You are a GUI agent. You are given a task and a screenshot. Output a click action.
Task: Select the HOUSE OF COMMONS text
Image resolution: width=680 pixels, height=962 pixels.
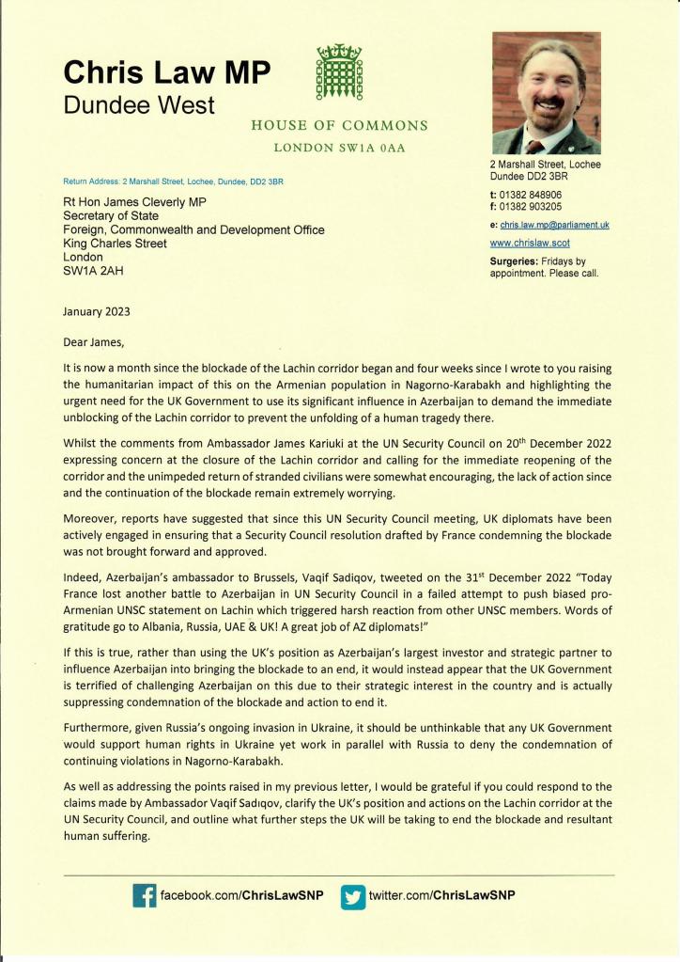tap(340, 126)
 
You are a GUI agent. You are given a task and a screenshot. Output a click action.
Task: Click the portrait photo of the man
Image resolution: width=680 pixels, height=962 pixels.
tap(546, 94)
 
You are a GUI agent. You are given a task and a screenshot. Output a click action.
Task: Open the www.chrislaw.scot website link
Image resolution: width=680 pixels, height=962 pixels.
tap(527, 243)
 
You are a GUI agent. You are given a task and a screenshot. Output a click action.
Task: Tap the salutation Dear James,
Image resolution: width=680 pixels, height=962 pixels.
tap(92, 341)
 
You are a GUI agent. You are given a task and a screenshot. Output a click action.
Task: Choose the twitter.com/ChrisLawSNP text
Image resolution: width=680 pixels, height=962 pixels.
tap(441, 895)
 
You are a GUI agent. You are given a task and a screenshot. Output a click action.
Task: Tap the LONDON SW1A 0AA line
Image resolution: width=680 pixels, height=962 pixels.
tap(340, 148)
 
